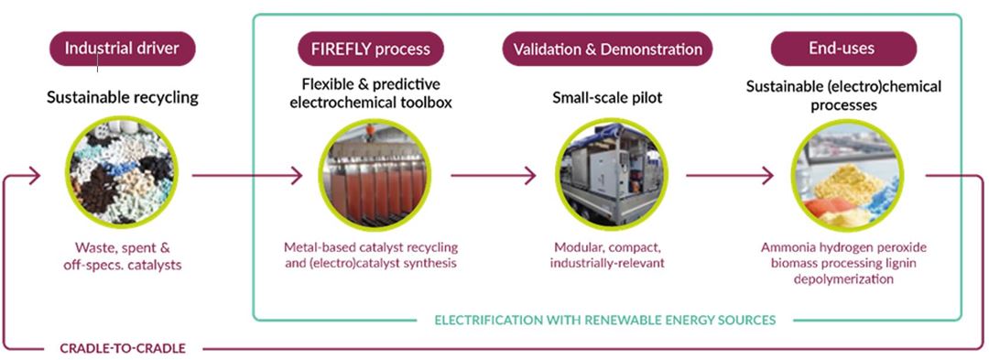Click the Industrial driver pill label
[123, 49]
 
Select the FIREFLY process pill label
[370, 49]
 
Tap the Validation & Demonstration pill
[607, 49]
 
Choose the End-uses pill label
[843, 48]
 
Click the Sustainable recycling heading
[123, 98]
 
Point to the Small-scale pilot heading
[607, 98]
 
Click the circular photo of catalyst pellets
[122, 173]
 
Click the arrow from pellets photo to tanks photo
[247, 175]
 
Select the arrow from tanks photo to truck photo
[494, 175]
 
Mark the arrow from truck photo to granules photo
[730, 175]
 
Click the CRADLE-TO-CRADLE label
[123, 348]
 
